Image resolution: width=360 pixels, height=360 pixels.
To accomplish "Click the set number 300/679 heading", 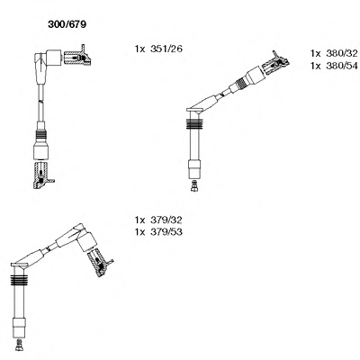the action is click(x=67, y=24).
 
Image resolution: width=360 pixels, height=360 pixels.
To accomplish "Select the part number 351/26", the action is click(x=166, y=49).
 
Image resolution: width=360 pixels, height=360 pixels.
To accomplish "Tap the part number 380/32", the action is click(x=342, y=53).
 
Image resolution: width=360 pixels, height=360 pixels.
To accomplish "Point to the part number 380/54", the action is click(x=342, y=66).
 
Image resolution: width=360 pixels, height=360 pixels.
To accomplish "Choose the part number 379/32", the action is click(x=166, y=220).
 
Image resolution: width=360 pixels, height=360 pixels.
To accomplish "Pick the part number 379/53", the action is click(x=166, y=232).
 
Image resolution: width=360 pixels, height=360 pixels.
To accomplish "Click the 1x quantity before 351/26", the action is click(x=140, y=49).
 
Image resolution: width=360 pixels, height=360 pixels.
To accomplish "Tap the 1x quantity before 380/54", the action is click(x=316, y=66).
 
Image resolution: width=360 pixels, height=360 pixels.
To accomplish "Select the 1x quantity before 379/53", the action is click(x=140, y=232).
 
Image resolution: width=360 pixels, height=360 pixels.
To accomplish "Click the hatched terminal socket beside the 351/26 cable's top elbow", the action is click(x=77, y=57).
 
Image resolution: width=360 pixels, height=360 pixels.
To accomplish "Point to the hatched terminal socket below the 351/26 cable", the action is click(x=42, y=175).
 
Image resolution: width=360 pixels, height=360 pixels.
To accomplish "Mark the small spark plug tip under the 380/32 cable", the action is click(x=194, y=185).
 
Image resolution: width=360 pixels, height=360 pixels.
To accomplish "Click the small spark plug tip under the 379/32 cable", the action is click(x=19, y=345).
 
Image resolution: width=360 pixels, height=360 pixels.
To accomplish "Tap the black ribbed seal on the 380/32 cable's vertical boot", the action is click(x=194, y=124).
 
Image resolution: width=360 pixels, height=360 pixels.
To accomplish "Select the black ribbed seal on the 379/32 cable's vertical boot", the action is click(x=19, y=280).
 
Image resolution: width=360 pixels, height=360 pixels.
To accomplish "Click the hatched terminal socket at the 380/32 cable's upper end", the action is click(x=275, y=64).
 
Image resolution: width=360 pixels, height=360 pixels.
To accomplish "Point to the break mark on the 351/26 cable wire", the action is click(x=40, y=103).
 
